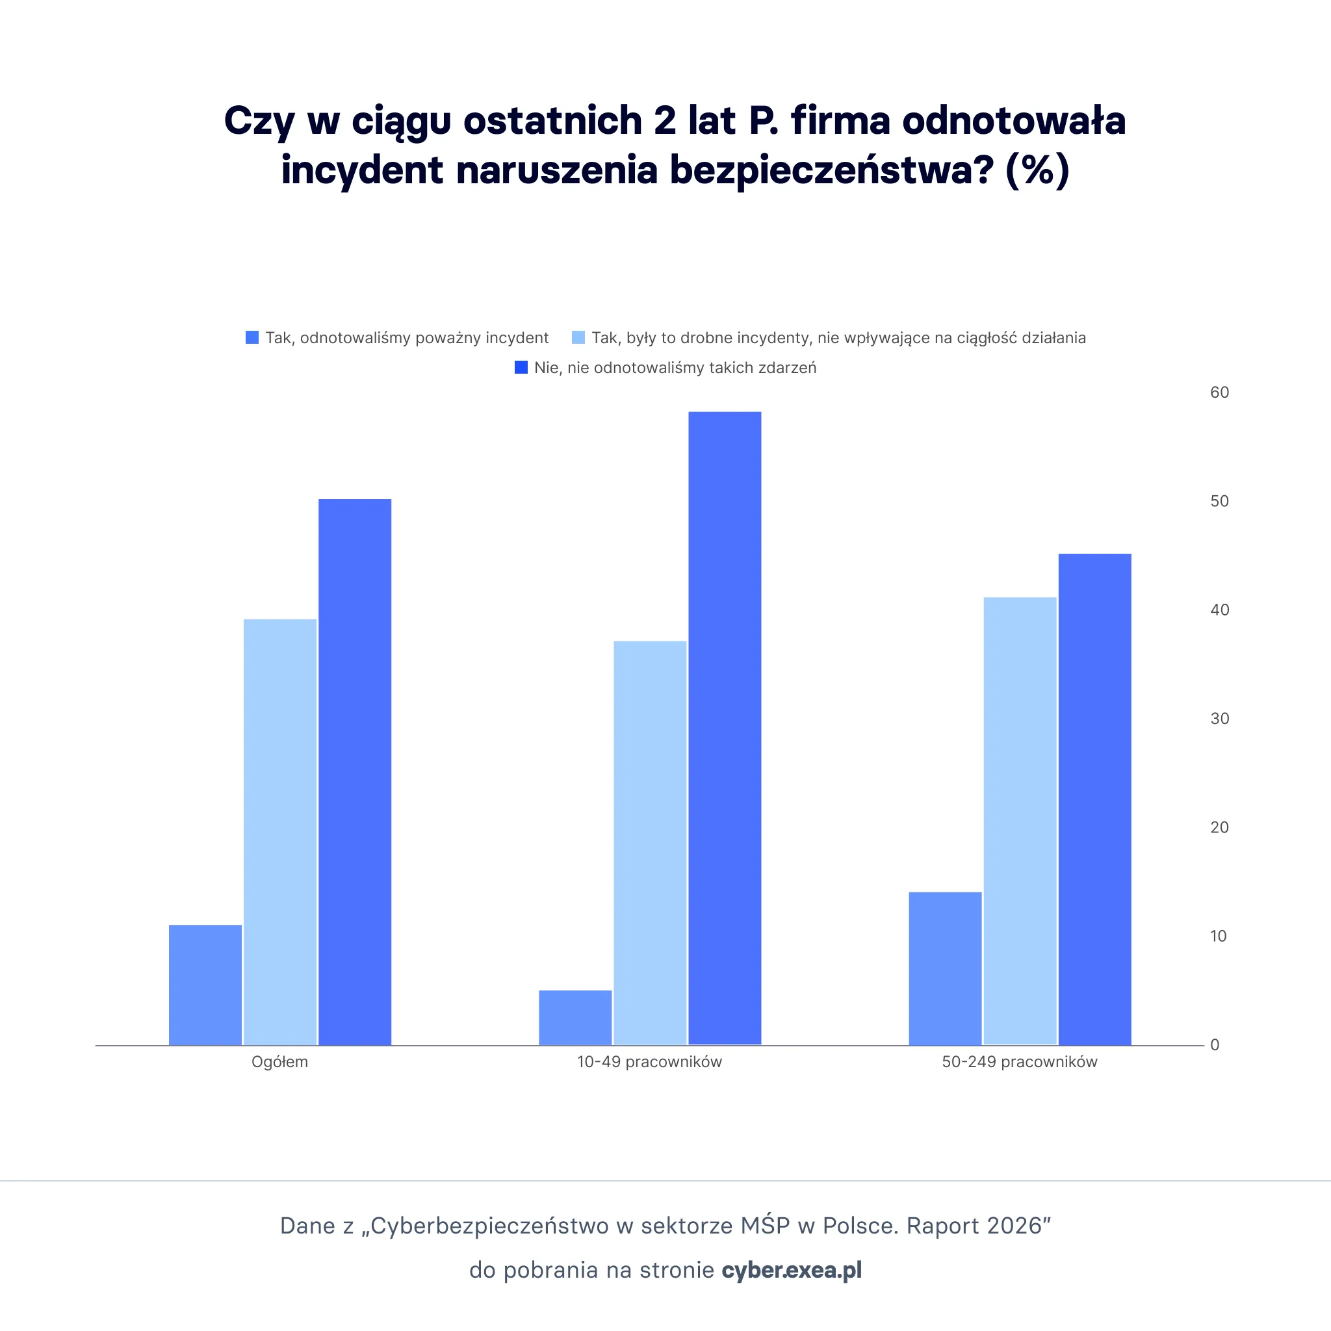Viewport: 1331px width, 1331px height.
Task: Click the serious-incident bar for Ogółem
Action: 205,985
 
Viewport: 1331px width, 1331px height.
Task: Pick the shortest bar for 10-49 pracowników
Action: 575,1018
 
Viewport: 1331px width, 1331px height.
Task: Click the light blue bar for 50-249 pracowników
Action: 1020,821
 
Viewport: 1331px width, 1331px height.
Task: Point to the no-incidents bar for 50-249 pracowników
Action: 1094,799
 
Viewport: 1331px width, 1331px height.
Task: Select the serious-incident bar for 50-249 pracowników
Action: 945,968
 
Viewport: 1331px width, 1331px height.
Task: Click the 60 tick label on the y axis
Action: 1219,393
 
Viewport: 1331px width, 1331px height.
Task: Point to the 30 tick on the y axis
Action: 1219,719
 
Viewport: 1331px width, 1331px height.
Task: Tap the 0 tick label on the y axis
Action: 1215,1045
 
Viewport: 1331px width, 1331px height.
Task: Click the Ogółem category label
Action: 279,1062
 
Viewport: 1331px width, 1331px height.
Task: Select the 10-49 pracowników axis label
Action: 649,1062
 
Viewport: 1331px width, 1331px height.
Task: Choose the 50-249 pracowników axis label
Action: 1020,1062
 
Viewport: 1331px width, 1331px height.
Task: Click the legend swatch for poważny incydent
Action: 252,337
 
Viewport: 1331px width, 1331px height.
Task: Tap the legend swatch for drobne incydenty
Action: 578,337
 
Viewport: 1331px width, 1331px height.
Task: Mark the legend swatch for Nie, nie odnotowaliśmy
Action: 521,367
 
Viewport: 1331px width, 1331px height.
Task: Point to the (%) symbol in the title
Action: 1037,170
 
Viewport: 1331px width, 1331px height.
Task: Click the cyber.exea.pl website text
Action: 792,1270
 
